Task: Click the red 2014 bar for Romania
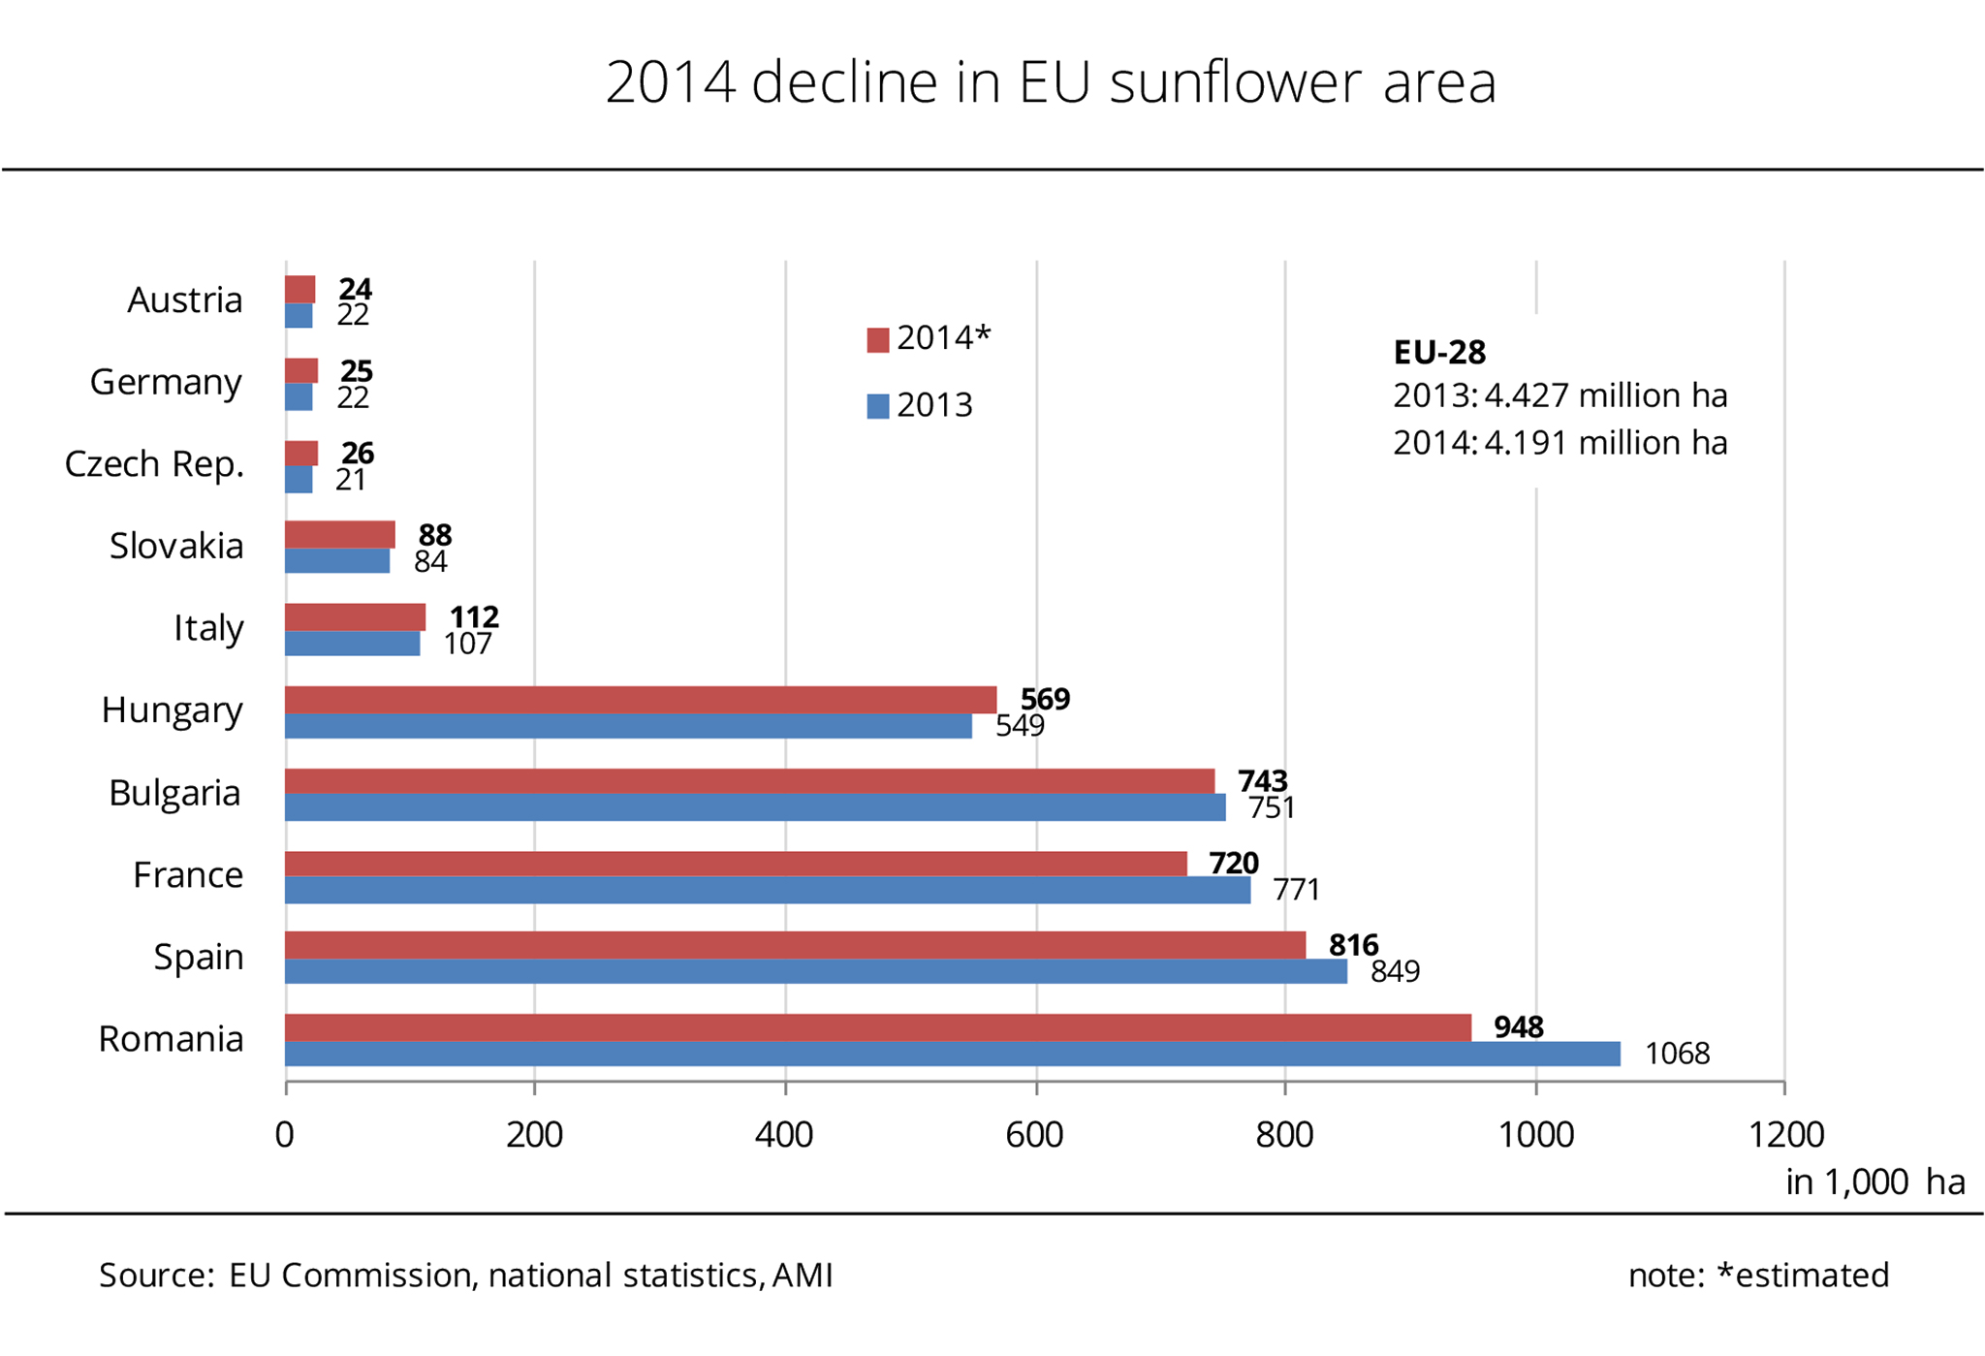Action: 877,1027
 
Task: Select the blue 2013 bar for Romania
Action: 952,1054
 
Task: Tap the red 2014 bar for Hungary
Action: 640,699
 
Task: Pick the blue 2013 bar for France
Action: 767,890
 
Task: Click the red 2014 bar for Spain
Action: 795,945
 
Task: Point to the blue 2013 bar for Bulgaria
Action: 754,807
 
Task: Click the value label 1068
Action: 1677,1054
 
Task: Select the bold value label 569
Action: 1045,699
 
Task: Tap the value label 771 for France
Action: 1297,890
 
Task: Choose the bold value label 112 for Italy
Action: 474,616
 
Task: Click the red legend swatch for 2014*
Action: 878,340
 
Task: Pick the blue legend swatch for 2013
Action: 878,406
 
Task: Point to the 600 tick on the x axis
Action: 1035,1134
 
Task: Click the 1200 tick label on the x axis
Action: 1785,1134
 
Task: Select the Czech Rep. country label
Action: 154,464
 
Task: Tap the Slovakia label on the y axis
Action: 176,547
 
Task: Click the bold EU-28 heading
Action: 1439,352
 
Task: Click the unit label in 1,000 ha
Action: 1875,1182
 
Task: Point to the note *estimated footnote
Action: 1758,1275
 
